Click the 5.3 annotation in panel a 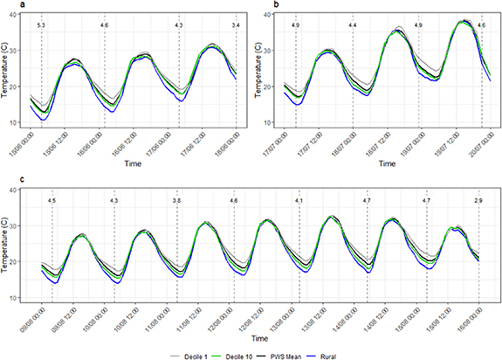(x=40, y=27)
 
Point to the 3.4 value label (x=236, y=27)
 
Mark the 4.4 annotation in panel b (x=353, y=27)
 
